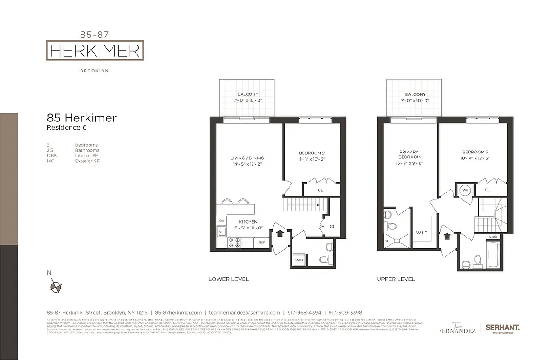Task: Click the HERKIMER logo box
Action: click(95, 50)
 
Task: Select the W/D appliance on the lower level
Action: click(299, 260)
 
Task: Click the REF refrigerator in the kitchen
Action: click(262, 243)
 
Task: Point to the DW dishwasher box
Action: click(222, 220)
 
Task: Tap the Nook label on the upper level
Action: click(493, 237)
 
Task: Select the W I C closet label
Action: click(422, 233)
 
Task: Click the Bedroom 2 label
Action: click(312, 153)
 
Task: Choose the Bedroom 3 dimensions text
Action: click(475, 158)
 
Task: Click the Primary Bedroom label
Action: click(409, 154)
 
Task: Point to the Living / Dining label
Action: click(247, 158)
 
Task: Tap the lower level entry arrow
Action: click(279, 233)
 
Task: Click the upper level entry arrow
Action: click(448, 236)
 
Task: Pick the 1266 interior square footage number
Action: click(52, 155)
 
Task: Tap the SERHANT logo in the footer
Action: click(502, 328)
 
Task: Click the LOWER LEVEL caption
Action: click(228, 279)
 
